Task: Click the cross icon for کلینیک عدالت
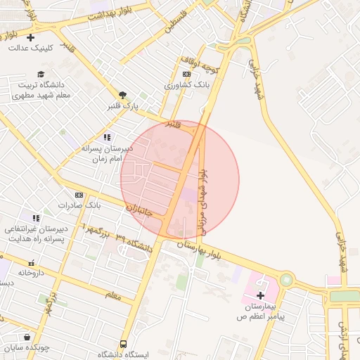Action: [x=30, y=37]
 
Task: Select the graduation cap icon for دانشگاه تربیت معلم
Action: [x=41, y=74]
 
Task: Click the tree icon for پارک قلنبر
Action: [x=123, y=95]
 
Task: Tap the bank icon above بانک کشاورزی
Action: [x=186, y=74]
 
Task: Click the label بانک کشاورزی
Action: [x=187, y=84]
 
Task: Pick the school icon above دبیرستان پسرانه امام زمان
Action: [x=107, y=137]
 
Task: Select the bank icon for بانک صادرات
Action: [x=79, y=195]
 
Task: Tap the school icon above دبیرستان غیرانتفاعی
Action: [x=35, y=217]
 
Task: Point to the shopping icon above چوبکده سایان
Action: [x=27, y=337]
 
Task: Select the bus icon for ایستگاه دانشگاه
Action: [x=124, y=344]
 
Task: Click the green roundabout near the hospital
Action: [x=286, y=280]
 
